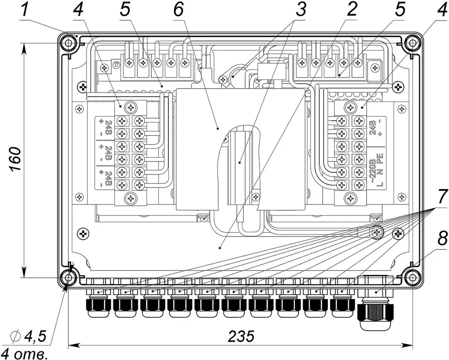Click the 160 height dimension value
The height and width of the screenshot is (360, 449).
pos(15,160)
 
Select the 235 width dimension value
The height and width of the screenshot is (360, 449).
pos(241,336)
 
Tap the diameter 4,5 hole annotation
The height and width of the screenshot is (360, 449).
pos(28,337)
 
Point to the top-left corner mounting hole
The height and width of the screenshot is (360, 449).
pos(69,43)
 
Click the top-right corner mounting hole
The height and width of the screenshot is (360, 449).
pos(412,43)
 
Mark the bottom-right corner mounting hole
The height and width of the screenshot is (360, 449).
pos(412,278)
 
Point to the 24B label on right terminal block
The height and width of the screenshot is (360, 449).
pos(372,127)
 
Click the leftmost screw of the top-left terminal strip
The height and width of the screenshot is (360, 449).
pos(130,62)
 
